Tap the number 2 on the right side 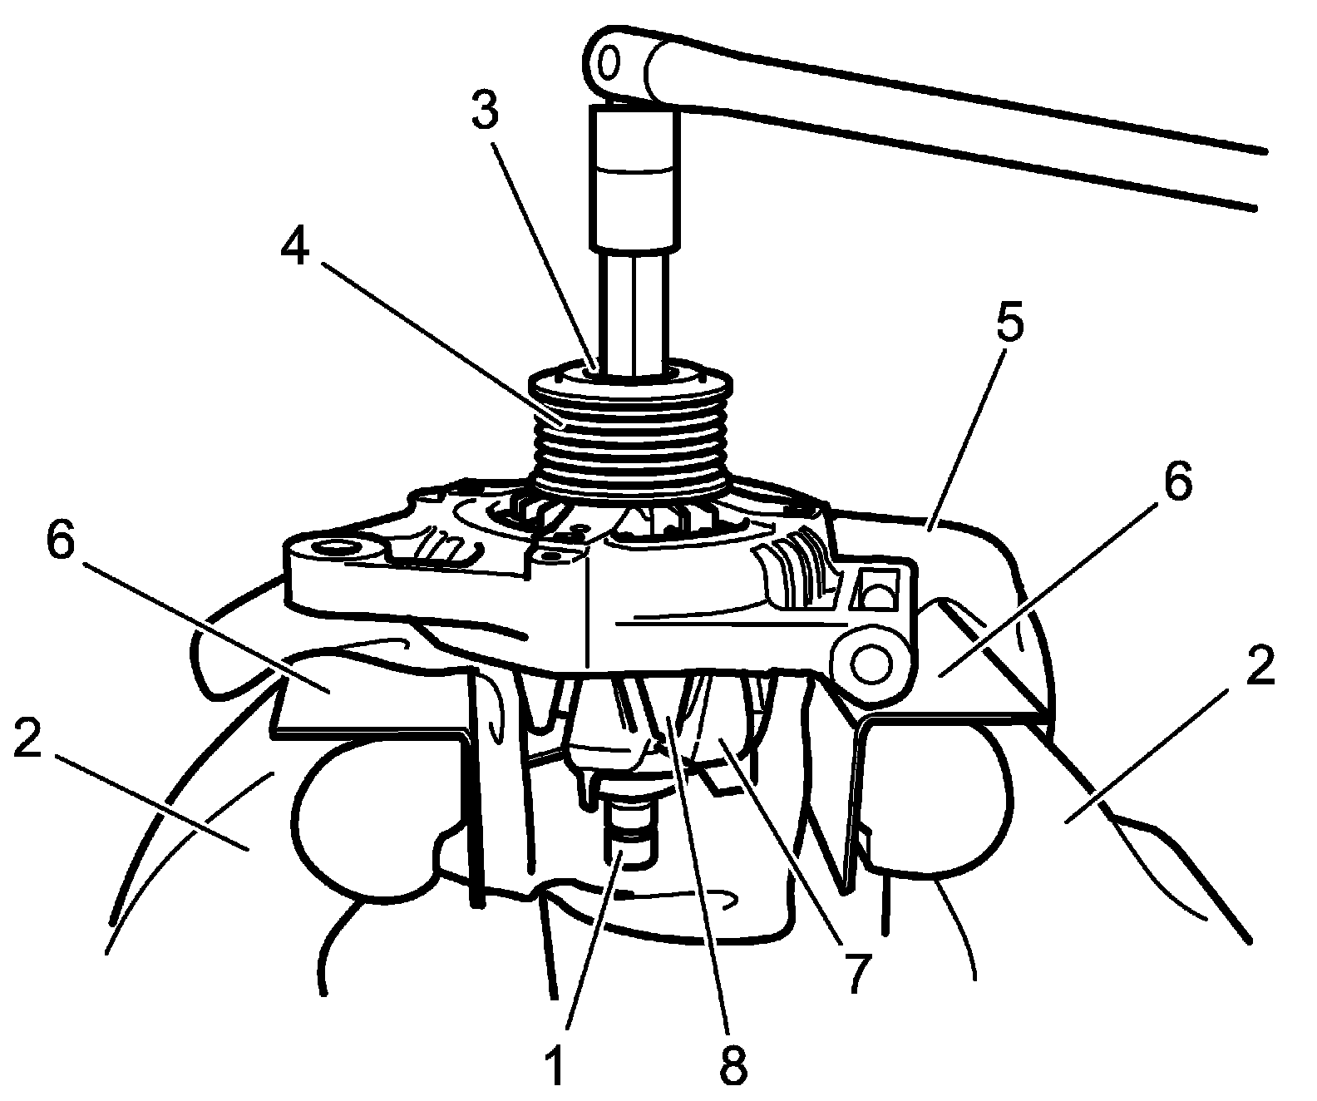[1260, 665]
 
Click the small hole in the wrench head [609, 62]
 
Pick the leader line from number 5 [969, 424]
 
